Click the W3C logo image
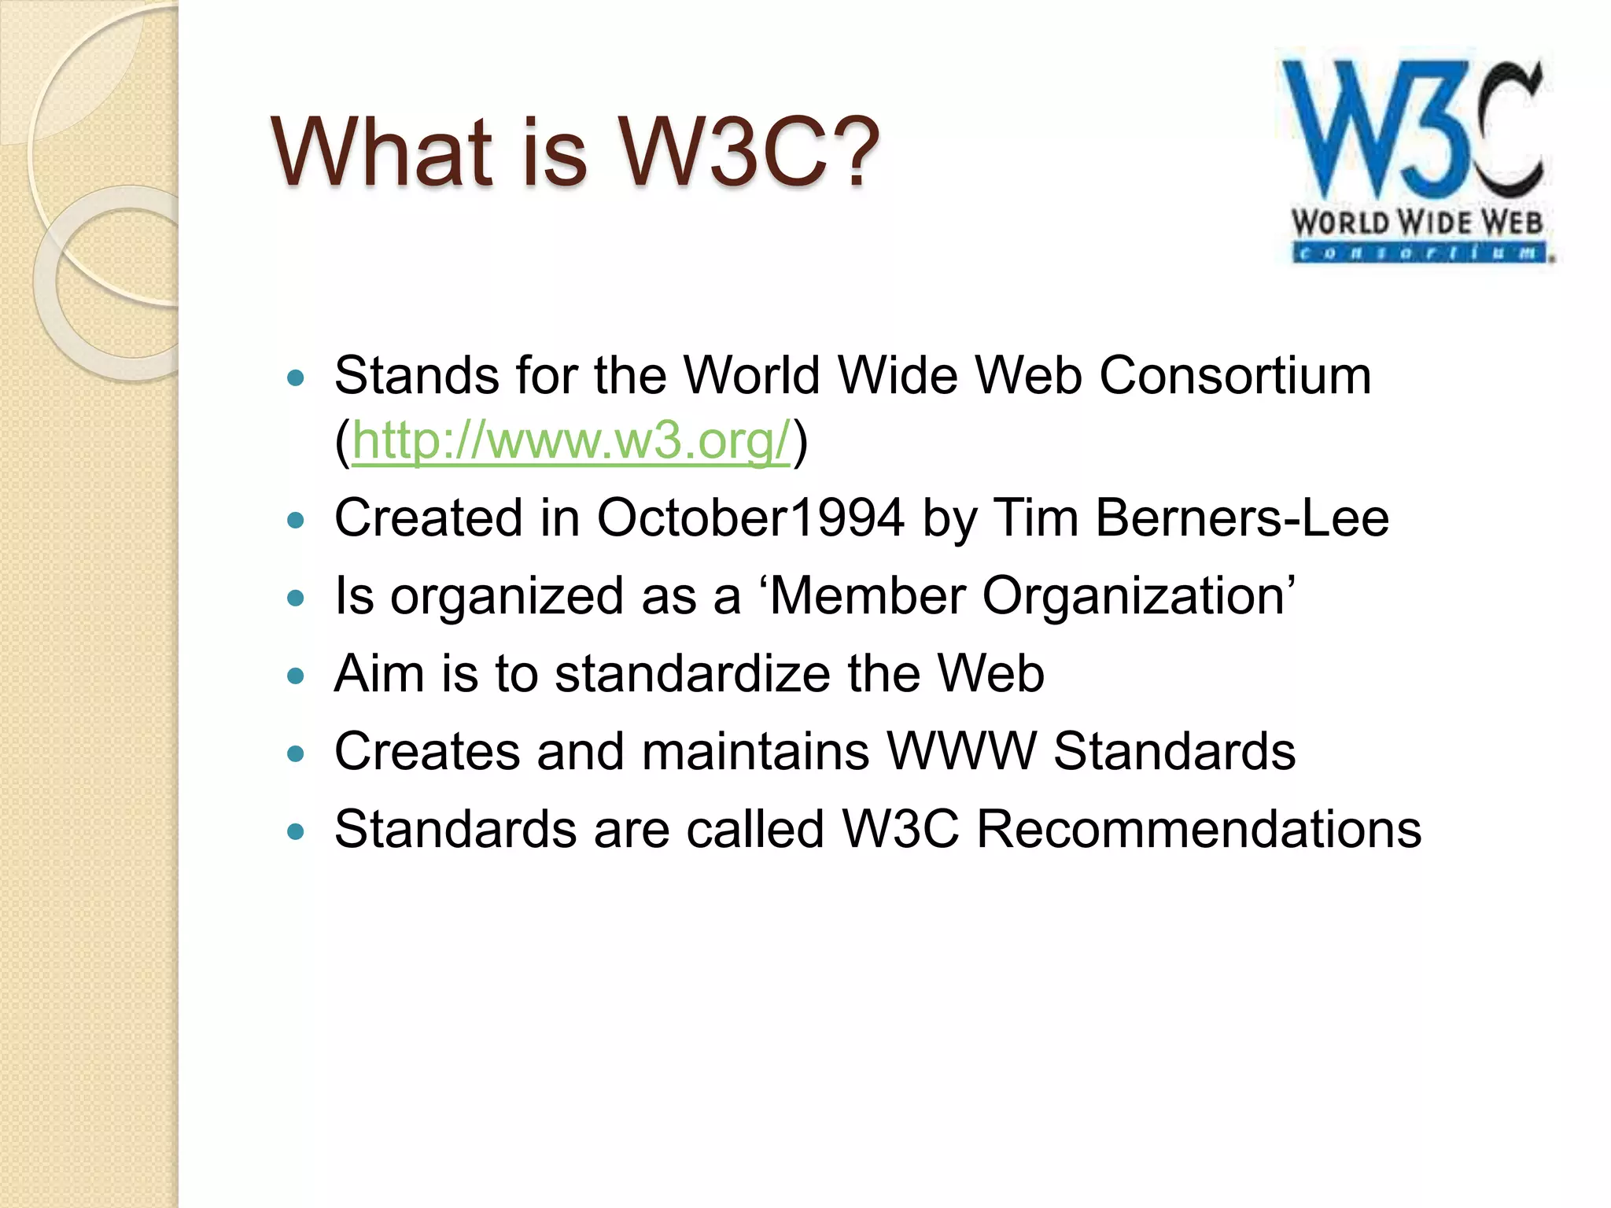pos(1416,157)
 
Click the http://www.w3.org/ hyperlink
pos(570,440)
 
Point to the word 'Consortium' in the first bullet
pos(1235,375)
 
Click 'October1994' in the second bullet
pos(750,518)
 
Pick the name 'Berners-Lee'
pos(1242,518)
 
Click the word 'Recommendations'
pos(1199,829)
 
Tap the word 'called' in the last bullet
pos(754,829)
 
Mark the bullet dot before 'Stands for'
pos(296,378)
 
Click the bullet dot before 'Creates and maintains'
pos(296,754)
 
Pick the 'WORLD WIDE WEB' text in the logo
pos(1417,223)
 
